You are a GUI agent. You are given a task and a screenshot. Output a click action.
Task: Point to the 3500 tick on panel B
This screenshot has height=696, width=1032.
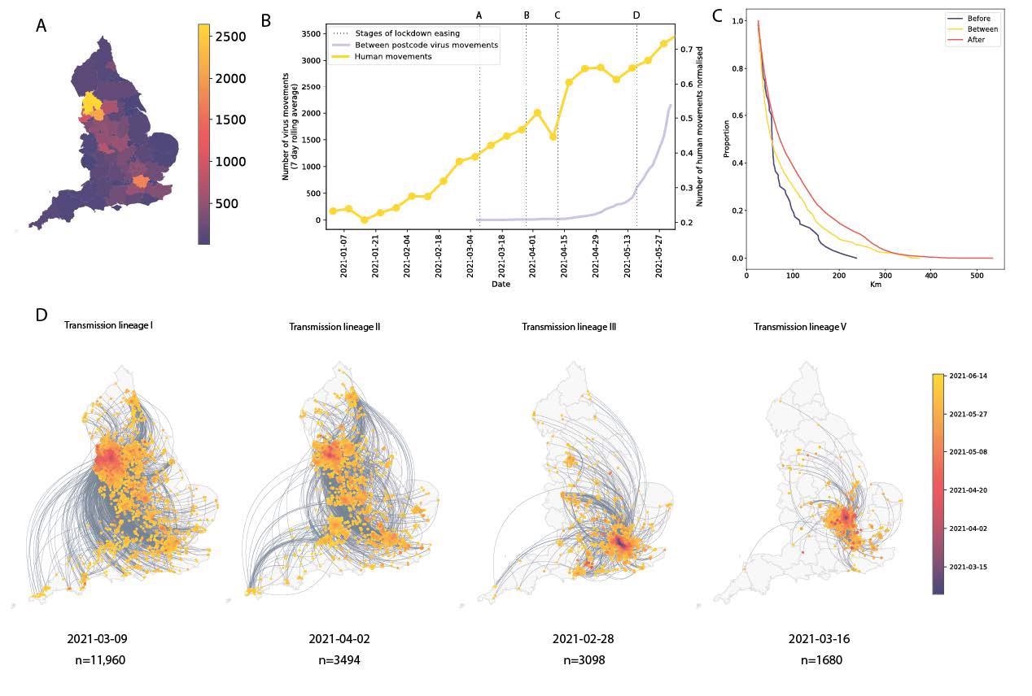point(311,34)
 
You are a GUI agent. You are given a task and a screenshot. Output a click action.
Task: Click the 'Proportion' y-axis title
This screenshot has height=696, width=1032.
point(726,140)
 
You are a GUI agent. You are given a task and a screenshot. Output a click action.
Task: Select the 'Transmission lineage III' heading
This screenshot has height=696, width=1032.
point(568,327)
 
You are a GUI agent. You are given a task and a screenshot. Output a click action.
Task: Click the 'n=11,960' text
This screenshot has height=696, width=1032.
point(97,660)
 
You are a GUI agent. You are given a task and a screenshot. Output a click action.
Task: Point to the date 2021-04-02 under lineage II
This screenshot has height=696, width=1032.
point(339,639)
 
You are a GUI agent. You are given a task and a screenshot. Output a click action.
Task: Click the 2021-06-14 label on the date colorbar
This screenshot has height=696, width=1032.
point(969,376)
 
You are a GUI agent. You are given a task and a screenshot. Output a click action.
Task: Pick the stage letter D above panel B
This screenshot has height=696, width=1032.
point(636,15)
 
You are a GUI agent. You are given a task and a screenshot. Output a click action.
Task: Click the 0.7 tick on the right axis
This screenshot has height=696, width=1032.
point(687,50)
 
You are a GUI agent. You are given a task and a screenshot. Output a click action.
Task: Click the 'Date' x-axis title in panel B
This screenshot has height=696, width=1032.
point(501,285)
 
